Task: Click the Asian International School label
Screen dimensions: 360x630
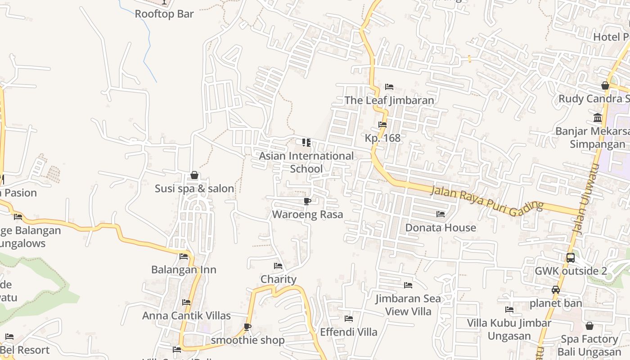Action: [x=306, y=162]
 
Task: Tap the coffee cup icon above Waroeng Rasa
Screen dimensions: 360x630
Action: [x=307, y=201]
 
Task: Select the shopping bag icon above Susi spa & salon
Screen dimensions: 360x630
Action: [x=194, y=175]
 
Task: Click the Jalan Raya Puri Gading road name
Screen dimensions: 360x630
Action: [x=487, y=198]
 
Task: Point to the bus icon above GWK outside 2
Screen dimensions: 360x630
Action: [x=570, y=258]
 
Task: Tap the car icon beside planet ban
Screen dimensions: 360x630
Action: [x=556, y=290]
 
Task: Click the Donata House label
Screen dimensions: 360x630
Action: [x=441, y=228]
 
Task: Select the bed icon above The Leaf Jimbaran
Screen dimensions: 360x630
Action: [x=389, y=86]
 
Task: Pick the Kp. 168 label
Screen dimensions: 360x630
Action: [x=382, y=138]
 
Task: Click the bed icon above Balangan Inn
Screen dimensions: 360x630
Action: [x=184, y=256]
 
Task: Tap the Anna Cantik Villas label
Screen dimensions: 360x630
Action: [x=186, y=316]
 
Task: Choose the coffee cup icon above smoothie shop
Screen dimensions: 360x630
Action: [x=247, y=327]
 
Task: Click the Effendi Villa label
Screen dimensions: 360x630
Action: [x=349, y=332]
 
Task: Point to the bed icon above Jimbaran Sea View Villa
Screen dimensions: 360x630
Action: [x=408, y=285]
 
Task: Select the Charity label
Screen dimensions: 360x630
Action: [x=279, y=279]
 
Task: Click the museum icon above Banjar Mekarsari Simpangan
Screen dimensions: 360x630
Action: [x=598, y=118]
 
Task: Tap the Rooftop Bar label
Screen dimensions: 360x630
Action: [x=164, y=14]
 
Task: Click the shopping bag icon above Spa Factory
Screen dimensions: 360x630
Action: [x=589, y=326]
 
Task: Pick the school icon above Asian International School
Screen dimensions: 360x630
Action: [x=306, y=143]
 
